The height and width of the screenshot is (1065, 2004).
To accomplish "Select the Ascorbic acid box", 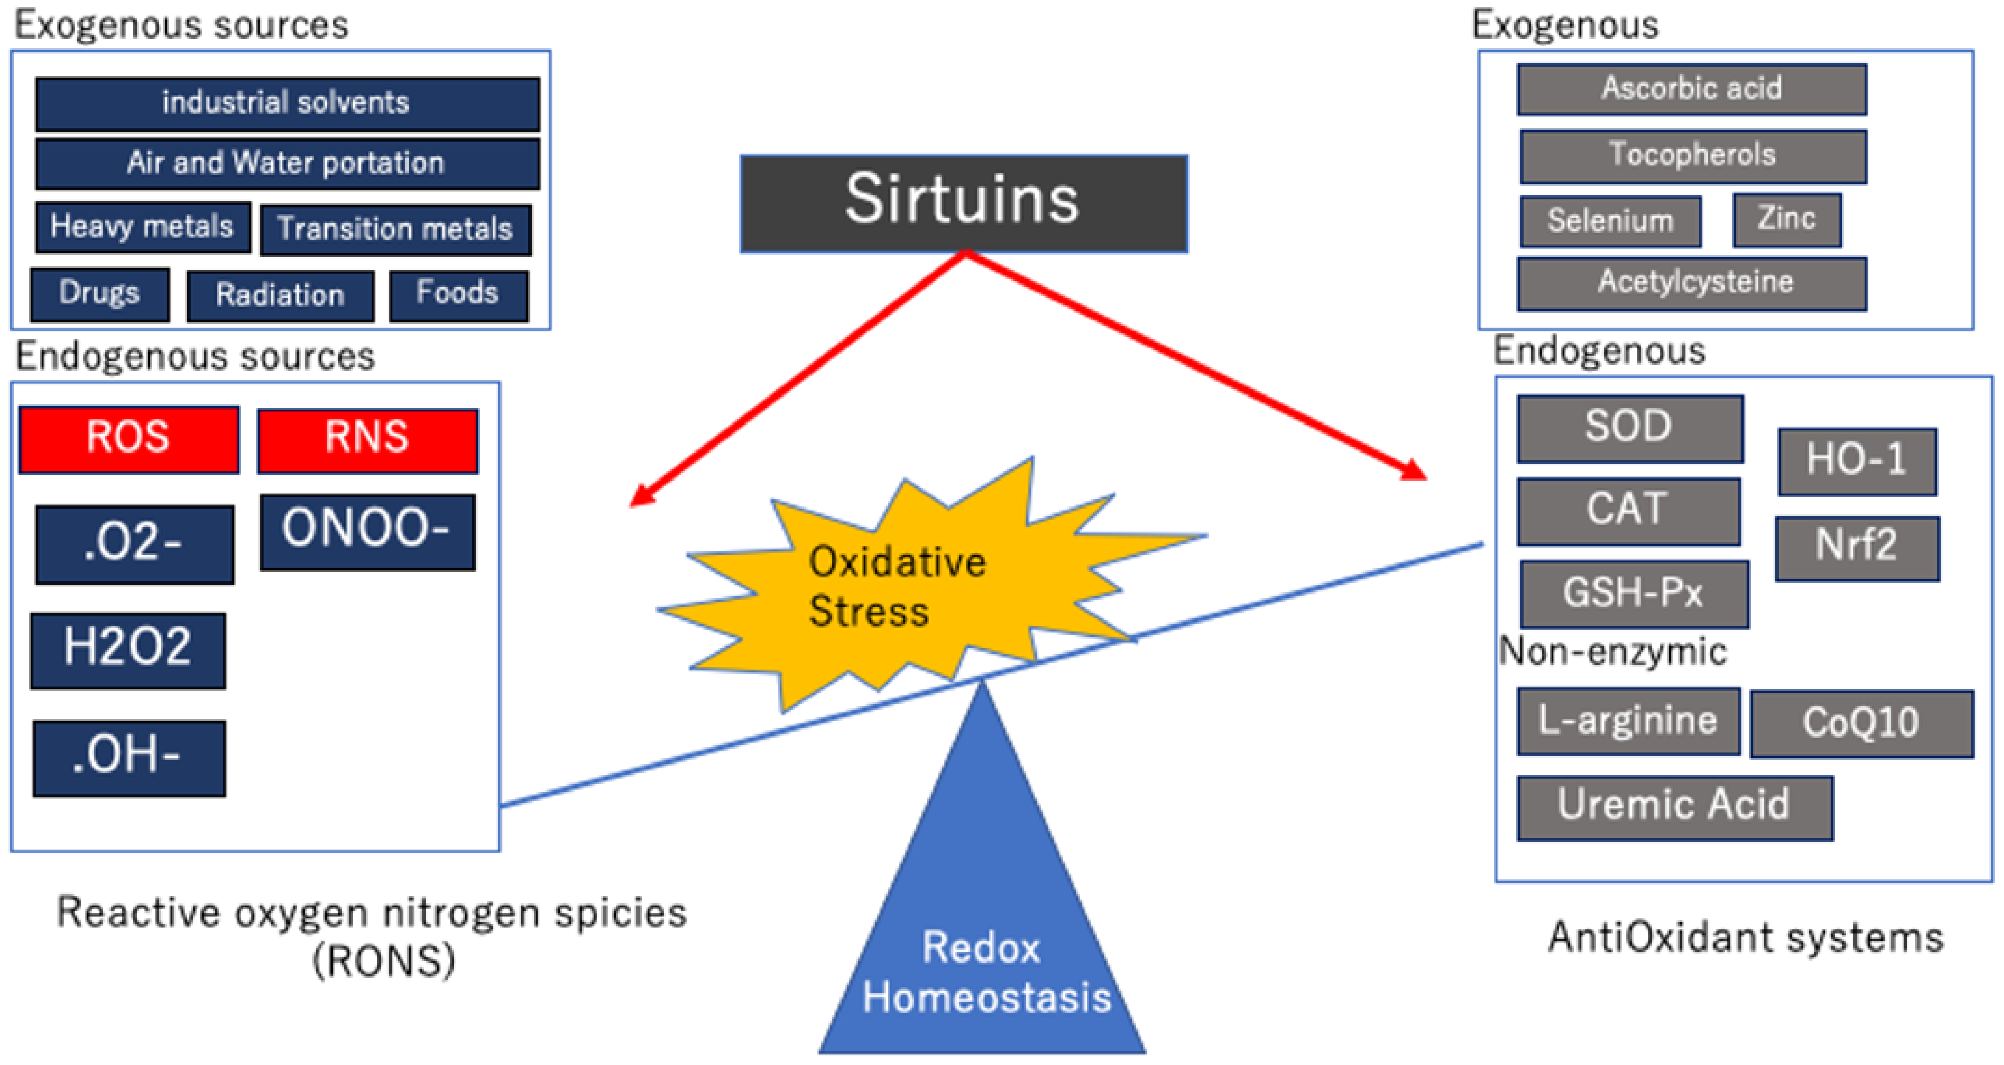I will pyautogui.click(x=1691, y=89).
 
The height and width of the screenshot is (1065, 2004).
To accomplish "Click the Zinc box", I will pyautogui.click(x=1786, y=220).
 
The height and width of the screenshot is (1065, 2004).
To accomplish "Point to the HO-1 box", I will pyautogui.click(x=1856, y=461).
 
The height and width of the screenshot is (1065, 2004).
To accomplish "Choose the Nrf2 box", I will pyautogui.click(x=1857, y=548).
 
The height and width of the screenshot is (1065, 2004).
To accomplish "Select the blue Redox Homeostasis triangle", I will pyautogui.click(x=982, y=933).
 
